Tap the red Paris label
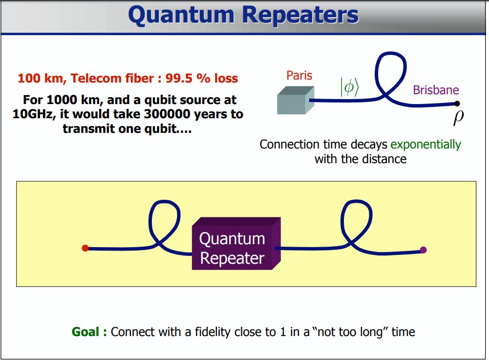299,76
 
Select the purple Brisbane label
436,90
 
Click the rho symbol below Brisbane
457,118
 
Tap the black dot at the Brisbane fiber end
457,104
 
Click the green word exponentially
425,145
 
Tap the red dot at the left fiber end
85,248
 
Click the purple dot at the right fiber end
423,250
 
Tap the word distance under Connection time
385,159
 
